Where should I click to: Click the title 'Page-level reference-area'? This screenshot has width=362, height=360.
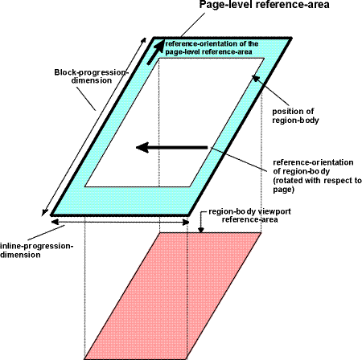click(264, 5)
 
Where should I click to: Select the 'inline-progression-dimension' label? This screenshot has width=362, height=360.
click(37, 250)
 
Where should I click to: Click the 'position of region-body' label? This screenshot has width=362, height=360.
click(295, 116)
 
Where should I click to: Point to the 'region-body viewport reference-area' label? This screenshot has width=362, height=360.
click(249, 215)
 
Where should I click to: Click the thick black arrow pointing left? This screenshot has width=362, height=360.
click(172, 147)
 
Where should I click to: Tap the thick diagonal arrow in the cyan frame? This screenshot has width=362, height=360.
click(155, 52)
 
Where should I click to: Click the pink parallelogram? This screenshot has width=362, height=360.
click(173, 296)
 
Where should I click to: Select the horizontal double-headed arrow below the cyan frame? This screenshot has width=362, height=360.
click(120, 222)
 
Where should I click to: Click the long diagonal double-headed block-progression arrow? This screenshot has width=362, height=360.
click(94, 126)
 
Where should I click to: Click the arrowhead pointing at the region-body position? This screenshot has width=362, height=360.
click(256, 79)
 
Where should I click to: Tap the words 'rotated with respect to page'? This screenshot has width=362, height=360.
click(318, 185)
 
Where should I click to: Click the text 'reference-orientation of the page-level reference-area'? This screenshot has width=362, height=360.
click(212, 47)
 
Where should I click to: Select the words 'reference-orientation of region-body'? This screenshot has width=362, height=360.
click(313, 166)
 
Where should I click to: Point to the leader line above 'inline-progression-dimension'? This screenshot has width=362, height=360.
click(46, 233)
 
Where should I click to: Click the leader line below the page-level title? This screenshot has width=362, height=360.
click(193, 25)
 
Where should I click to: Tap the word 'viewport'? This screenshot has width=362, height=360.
click(274, 211)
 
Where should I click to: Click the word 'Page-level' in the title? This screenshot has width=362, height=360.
click(225, 5)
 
